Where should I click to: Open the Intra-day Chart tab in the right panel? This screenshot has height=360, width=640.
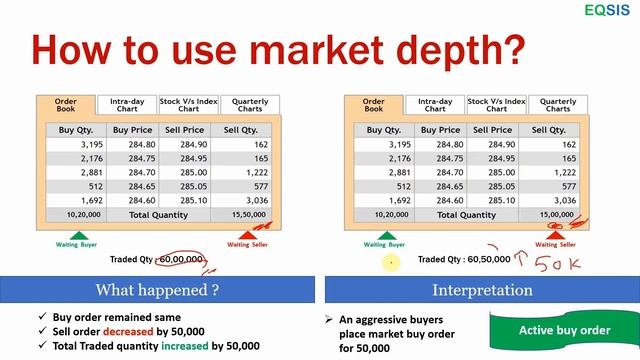pyautogui.click(x=435, y=104)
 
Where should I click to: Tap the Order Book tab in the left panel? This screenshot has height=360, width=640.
pyautogui.click(x=67, y=104)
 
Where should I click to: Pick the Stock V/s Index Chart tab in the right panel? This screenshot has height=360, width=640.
pyautogui.click(x=496, y=104)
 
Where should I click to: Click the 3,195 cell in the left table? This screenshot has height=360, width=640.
pyautogui.click(x=76, y=144)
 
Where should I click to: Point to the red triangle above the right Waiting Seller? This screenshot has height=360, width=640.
pyautogui.click(x=556, y=233)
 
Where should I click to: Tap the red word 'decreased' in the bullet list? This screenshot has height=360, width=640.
pyautogui.click(x=125, y=330)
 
